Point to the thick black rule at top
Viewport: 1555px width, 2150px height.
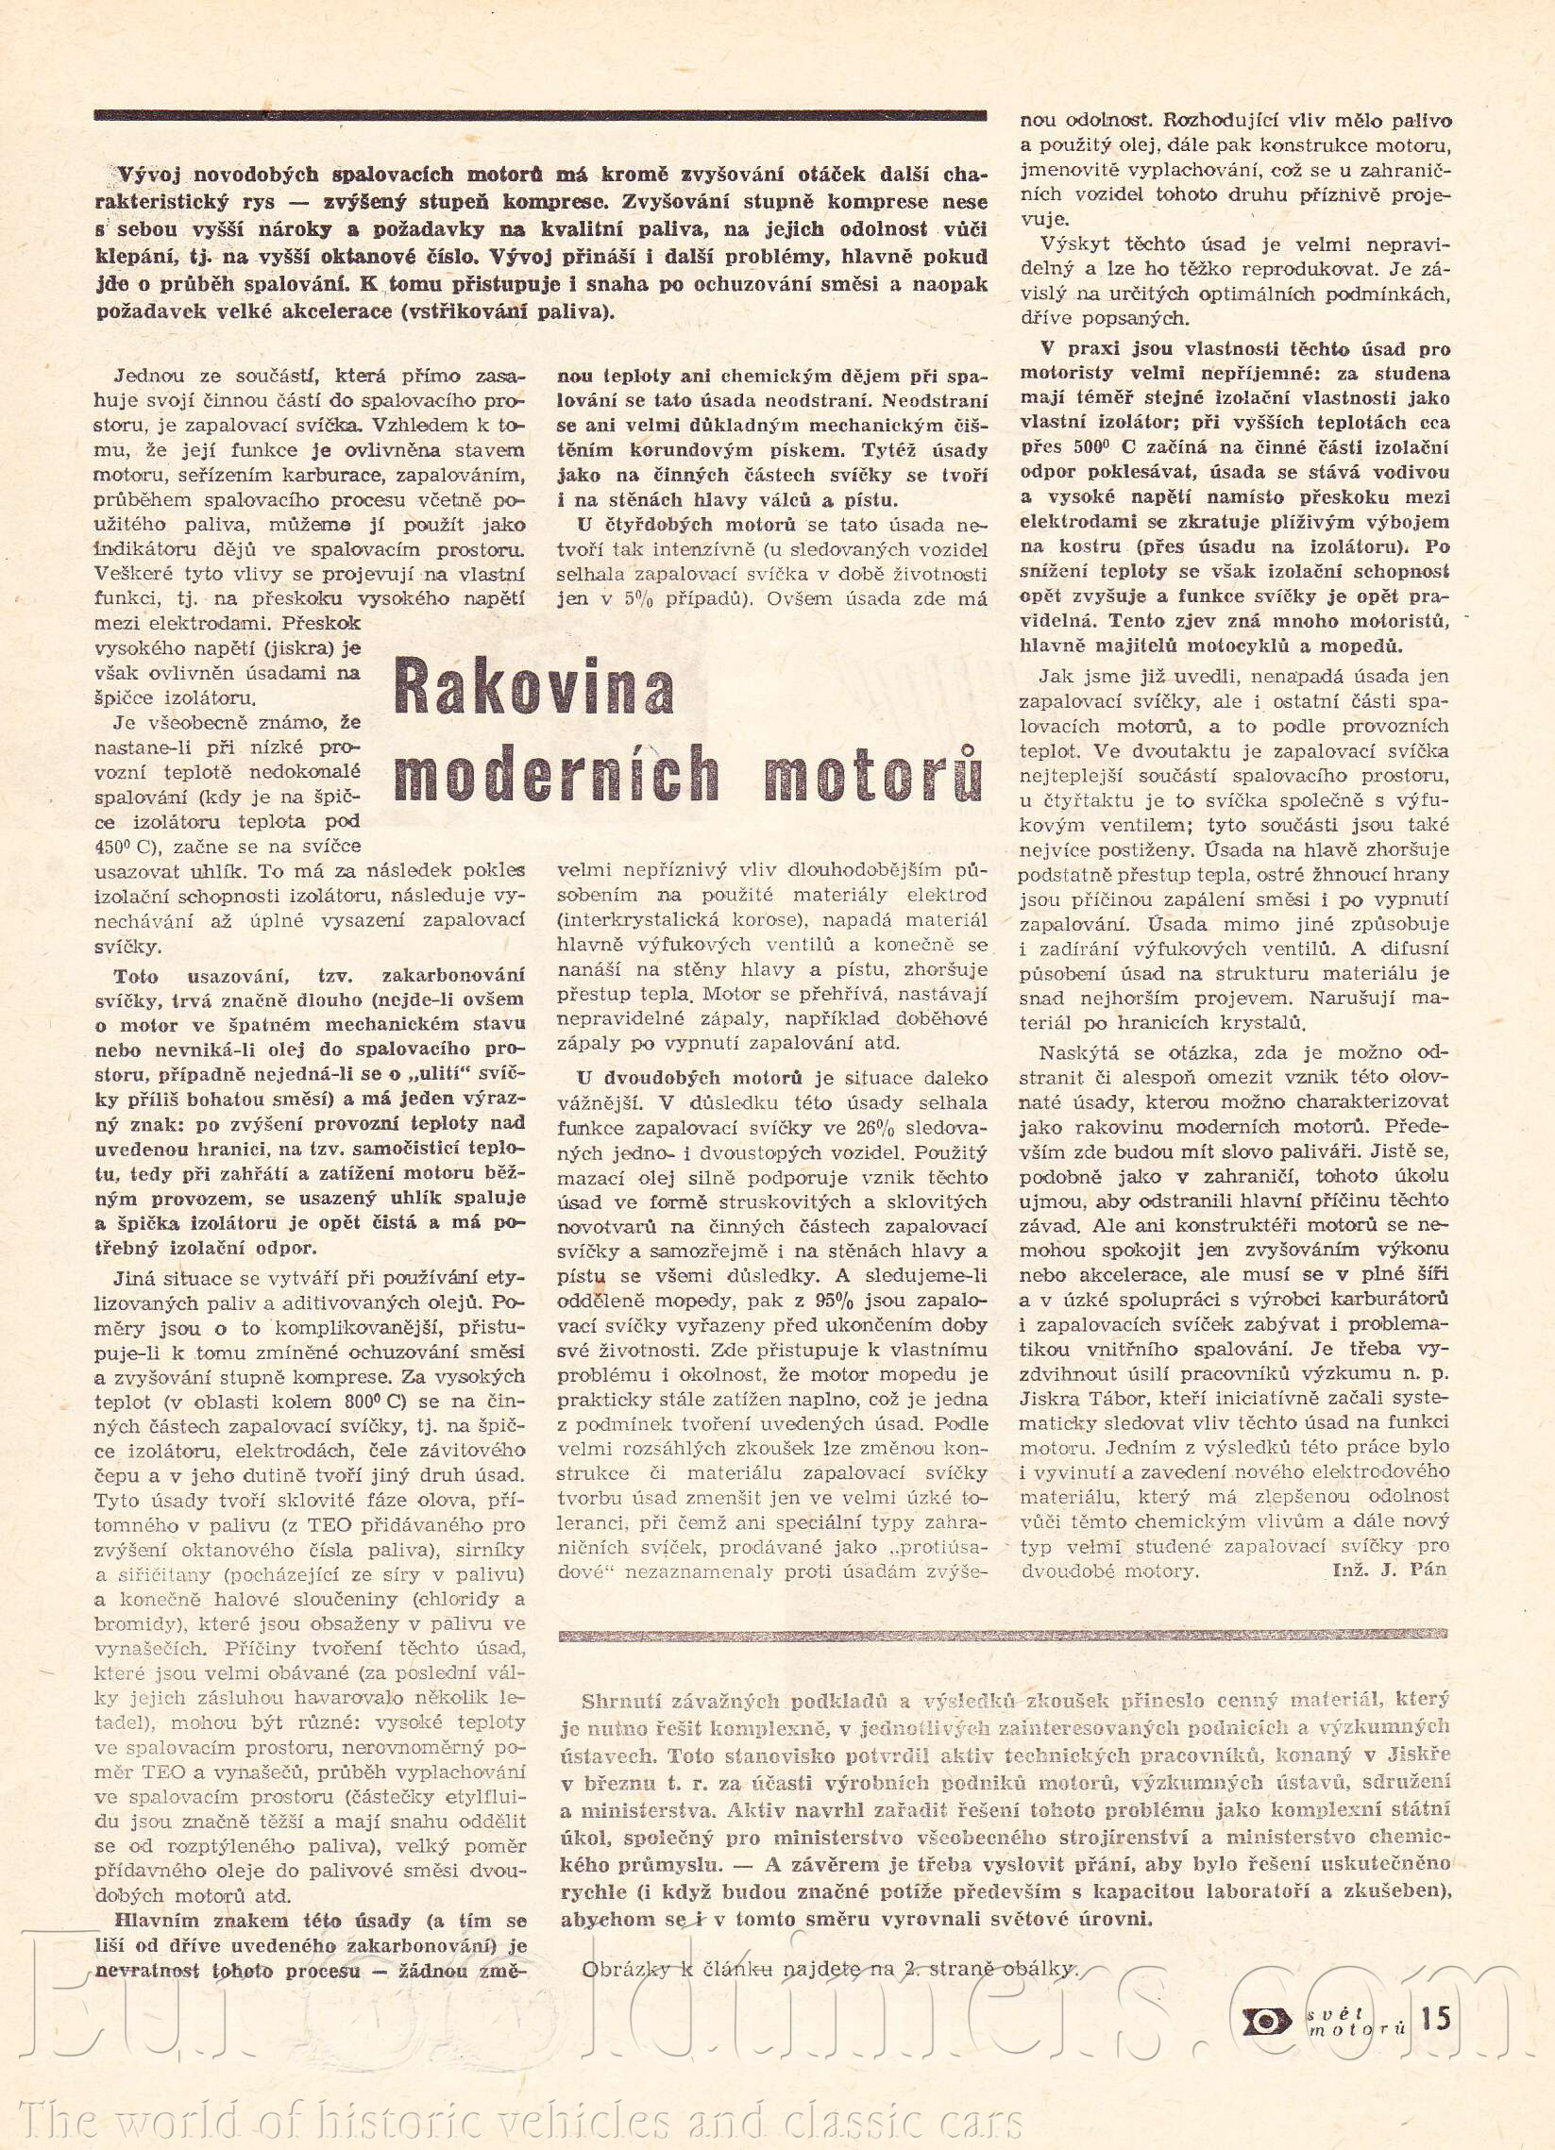pos(540,116)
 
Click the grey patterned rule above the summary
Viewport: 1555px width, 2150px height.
pos(1005,1635)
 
